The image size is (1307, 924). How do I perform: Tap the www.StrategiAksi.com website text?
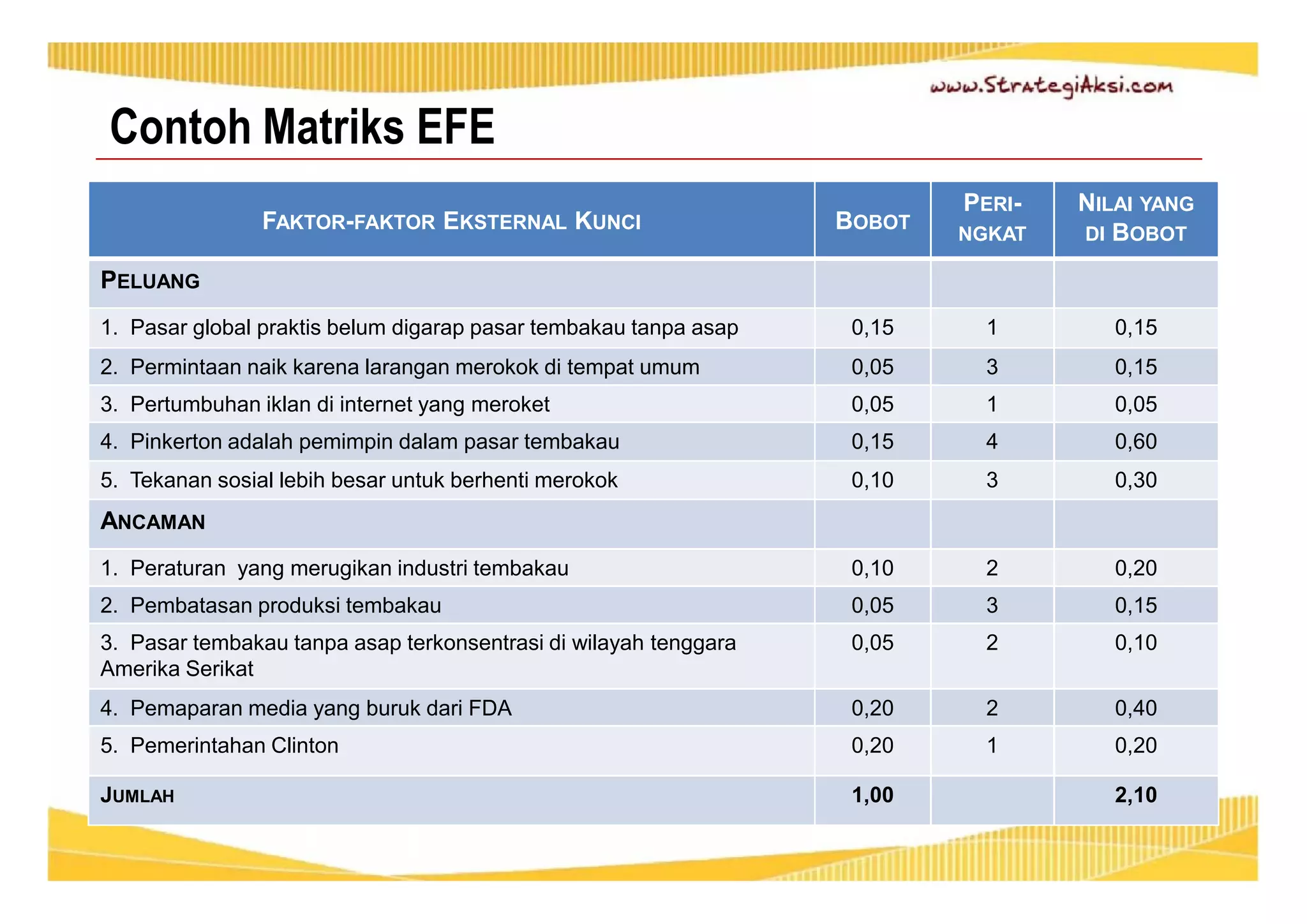tap(1050, 87)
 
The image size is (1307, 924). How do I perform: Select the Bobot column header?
tap(872, 221)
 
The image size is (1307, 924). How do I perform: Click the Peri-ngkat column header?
tap(992, 218)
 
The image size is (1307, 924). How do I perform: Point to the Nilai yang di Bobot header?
tap(1135, 218)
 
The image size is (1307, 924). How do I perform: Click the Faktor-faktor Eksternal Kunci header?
tap(451, 221)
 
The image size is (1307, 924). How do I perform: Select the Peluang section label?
tap(151, 281)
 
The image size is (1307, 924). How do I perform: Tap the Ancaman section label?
tap(153, 521)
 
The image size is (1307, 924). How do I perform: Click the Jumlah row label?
tap(137, 796)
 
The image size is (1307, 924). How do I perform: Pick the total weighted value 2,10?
tap(1135, 795)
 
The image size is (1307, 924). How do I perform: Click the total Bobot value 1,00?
tap(872, 795)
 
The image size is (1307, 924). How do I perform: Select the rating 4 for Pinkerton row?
tap(992, 442)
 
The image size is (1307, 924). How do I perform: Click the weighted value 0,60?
tap(1135, 442)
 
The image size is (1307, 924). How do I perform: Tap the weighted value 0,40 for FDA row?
tap(1135, 708)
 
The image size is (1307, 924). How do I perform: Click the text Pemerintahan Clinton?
tap(234, 745)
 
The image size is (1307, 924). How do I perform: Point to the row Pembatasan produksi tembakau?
tap(285, 606)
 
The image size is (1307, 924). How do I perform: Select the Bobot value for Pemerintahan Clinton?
tap(872, 745)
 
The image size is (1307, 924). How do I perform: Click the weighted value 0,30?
tap(1135, 480)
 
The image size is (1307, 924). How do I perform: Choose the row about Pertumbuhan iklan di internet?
tap(340, 405)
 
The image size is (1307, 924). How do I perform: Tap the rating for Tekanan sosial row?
tap(992, 480)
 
